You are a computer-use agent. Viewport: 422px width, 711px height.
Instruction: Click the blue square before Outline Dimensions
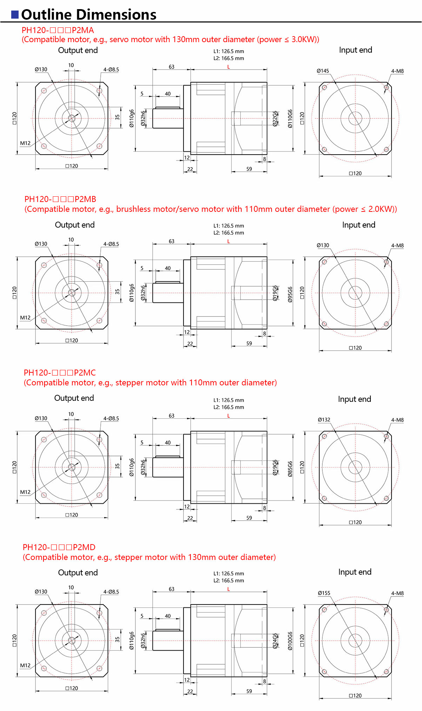tap(15, 14)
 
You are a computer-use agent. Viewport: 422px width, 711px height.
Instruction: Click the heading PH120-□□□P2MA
tap(58, 30)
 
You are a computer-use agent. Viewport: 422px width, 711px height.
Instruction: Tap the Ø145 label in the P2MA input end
tap(323, 71)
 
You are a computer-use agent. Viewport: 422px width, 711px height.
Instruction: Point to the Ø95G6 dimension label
tap(290, 294)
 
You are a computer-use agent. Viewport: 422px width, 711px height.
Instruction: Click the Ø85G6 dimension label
tap(290, 469)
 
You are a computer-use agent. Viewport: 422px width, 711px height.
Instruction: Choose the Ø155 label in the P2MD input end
tap(324, 593)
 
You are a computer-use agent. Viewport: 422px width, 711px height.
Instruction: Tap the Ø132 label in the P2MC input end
tap(324, 420)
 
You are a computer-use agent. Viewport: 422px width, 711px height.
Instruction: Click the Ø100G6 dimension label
tap(290, 641)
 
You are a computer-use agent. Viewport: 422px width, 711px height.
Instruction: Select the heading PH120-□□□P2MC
tap(60, 373)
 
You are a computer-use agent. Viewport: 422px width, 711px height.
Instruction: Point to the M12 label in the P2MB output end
tap(25, 318)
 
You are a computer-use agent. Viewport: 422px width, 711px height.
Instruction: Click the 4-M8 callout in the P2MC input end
tap(397, 420)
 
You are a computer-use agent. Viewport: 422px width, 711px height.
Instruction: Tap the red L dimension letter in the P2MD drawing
tap(228, 589)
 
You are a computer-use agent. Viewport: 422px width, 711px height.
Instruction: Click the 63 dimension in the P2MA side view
tap(172, 67)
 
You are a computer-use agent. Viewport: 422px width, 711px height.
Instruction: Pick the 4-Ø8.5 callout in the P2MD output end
tap(111, 592)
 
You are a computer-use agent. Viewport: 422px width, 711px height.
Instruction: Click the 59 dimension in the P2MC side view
tap(249, 518)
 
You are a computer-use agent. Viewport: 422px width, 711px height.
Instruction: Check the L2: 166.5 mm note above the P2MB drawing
tap(229, 233)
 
